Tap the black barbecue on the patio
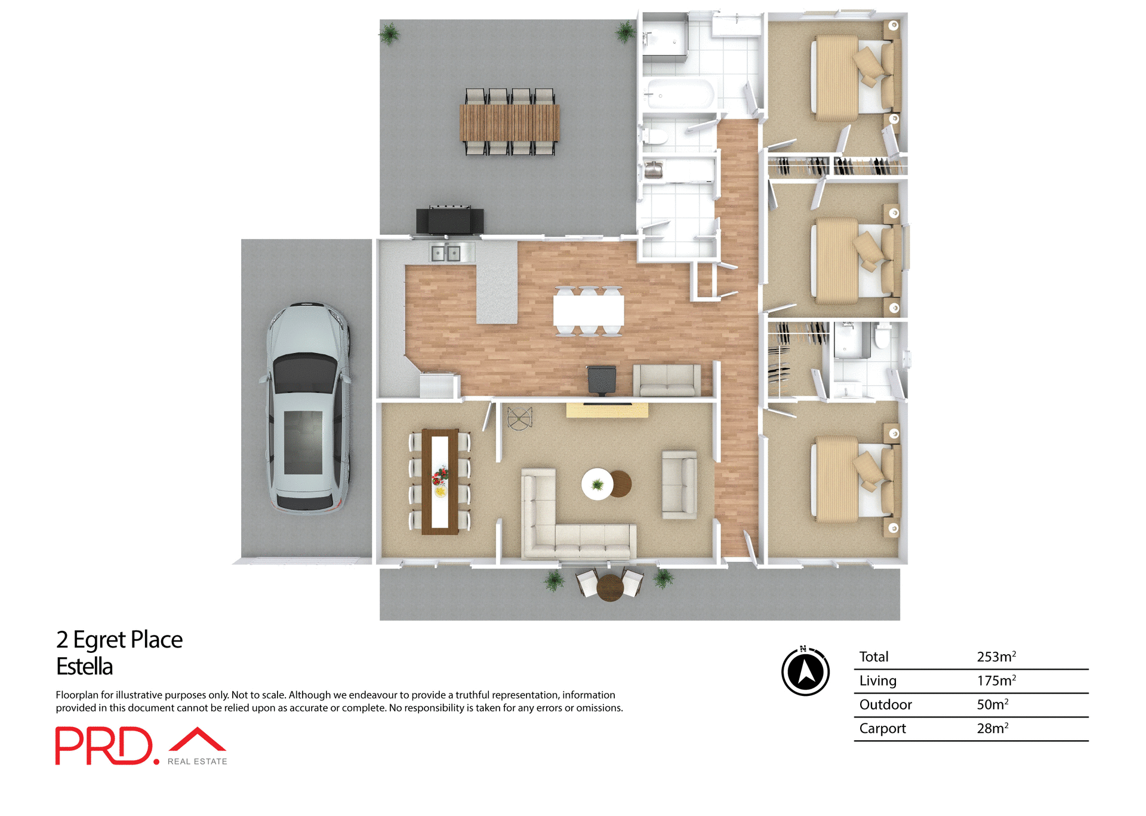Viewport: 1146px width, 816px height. click(450, 220)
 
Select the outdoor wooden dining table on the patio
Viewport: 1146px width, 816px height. click(509, 122)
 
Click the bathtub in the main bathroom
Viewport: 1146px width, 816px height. click(680, 94)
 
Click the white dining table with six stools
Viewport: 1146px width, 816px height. click(589, 311)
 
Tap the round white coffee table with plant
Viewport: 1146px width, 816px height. click(597, 484)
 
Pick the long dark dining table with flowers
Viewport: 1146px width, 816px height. click(440, 481)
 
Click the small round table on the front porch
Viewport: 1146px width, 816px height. click(610, 587)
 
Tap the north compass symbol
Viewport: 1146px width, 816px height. click(806, 671)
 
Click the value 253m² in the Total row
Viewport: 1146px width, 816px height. click(996, 657)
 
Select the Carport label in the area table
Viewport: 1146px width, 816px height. click(882, 728)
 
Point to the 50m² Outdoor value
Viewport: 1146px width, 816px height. click(992, 704)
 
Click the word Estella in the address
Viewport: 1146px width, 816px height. click(84, 667)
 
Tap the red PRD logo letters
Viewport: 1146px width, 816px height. click(104, 746)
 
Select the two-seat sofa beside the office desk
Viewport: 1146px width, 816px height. click(667, 380)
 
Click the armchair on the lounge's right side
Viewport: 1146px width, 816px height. click(679, 484)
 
